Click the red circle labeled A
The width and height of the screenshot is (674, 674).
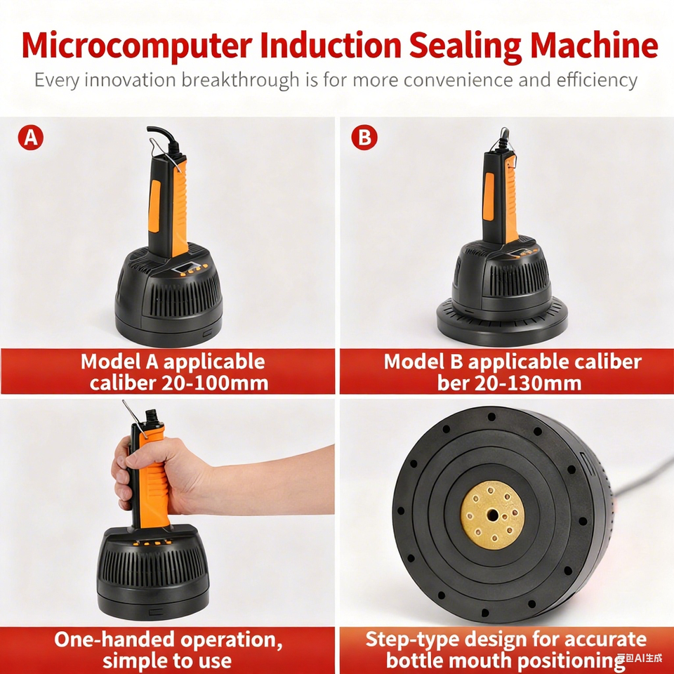coord(30,138)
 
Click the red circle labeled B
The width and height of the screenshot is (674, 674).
coord(364,138)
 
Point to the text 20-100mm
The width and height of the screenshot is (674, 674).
coord(215,383)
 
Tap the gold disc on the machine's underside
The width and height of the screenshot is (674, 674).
coord(493,515)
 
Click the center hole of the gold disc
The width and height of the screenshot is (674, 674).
coord(493,515)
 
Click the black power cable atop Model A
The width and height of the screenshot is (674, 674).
coord(166,138)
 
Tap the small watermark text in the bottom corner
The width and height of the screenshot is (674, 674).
coord(640,658)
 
